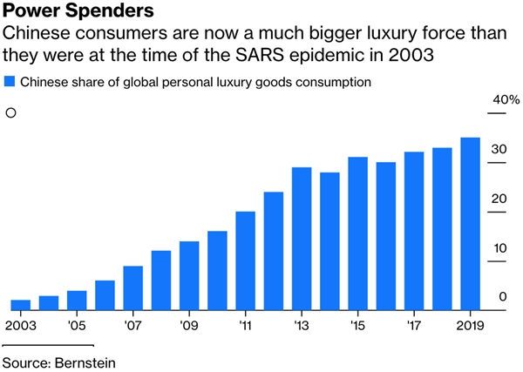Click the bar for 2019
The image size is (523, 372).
[471, 224]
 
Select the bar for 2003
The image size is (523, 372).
[21, 305]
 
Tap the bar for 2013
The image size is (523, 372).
[302, 239]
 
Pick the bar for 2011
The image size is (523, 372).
[246, 261]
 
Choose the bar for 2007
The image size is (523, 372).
[133, 288]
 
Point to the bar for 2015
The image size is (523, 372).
[358, 233]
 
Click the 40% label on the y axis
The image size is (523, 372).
[506, 99]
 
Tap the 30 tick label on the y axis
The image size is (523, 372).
[499, 149]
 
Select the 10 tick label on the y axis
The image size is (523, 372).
[499, 248]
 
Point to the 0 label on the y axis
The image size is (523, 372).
[503, 296]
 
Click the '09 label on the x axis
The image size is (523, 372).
[189, 325]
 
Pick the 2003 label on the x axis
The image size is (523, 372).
[21, 325]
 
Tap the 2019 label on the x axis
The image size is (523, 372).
[470, 325]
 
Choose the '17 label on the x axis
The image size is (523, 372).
[413, 325]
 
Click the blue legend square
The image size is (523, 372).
[10, 82]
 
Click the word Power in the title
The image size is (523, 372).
[31, 10]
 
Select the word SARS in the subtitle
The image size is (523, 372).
[260, 54]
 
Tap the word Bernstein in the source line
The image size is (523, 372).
[85, 362]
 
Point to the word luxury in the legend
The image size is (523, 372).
[234, 82]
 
